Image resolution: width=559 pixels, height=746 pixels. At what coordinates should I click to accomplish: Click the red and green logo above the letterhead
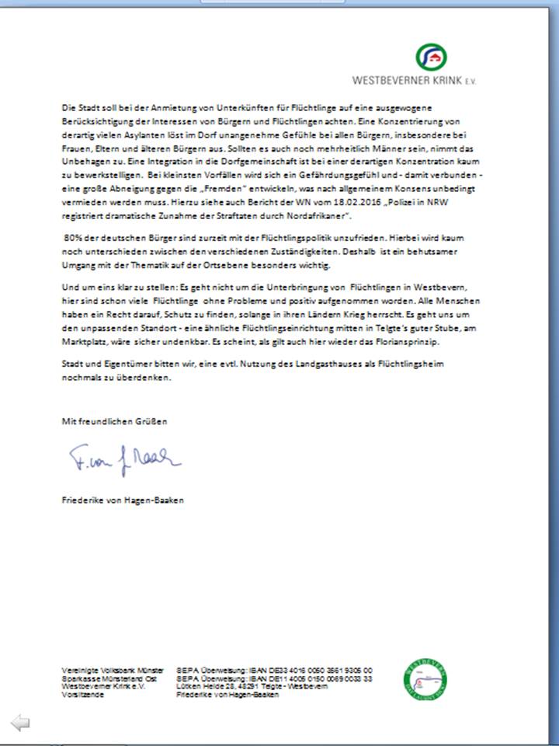coord(432,57)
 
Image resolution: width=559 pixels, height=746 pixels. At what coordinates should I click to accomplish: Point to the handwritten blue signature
coord(123,460)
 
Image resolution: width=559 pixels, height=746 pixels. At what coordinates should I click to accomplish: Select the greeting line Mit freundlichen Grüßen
coord(114,420)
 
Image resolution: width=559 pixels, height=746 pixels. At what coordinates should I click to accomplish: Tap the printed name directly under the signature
coord(123,500)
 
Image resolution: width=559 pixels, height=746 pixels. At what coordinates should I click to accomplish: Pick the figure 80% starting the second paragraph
coord(73,237)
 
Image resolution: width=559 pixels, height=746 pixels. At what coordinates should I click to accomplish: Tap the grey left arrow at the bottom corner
coord(21,723)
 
